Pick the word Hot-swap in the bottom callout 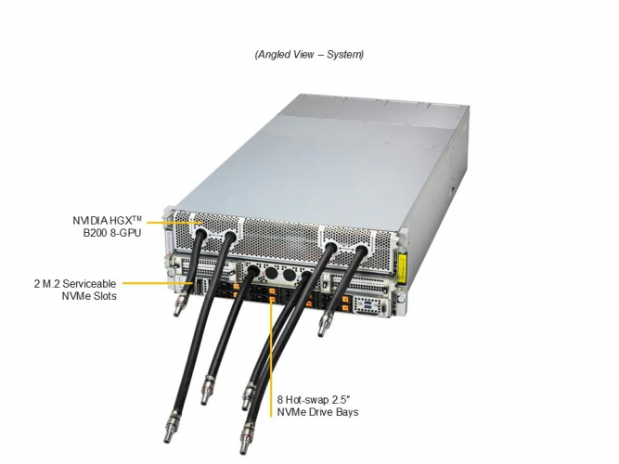pos(311,400)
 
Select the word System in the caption pos(343,55)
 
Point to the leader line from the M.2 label pos(158,282)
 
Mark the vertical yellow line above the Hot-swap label pos(272,343)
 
